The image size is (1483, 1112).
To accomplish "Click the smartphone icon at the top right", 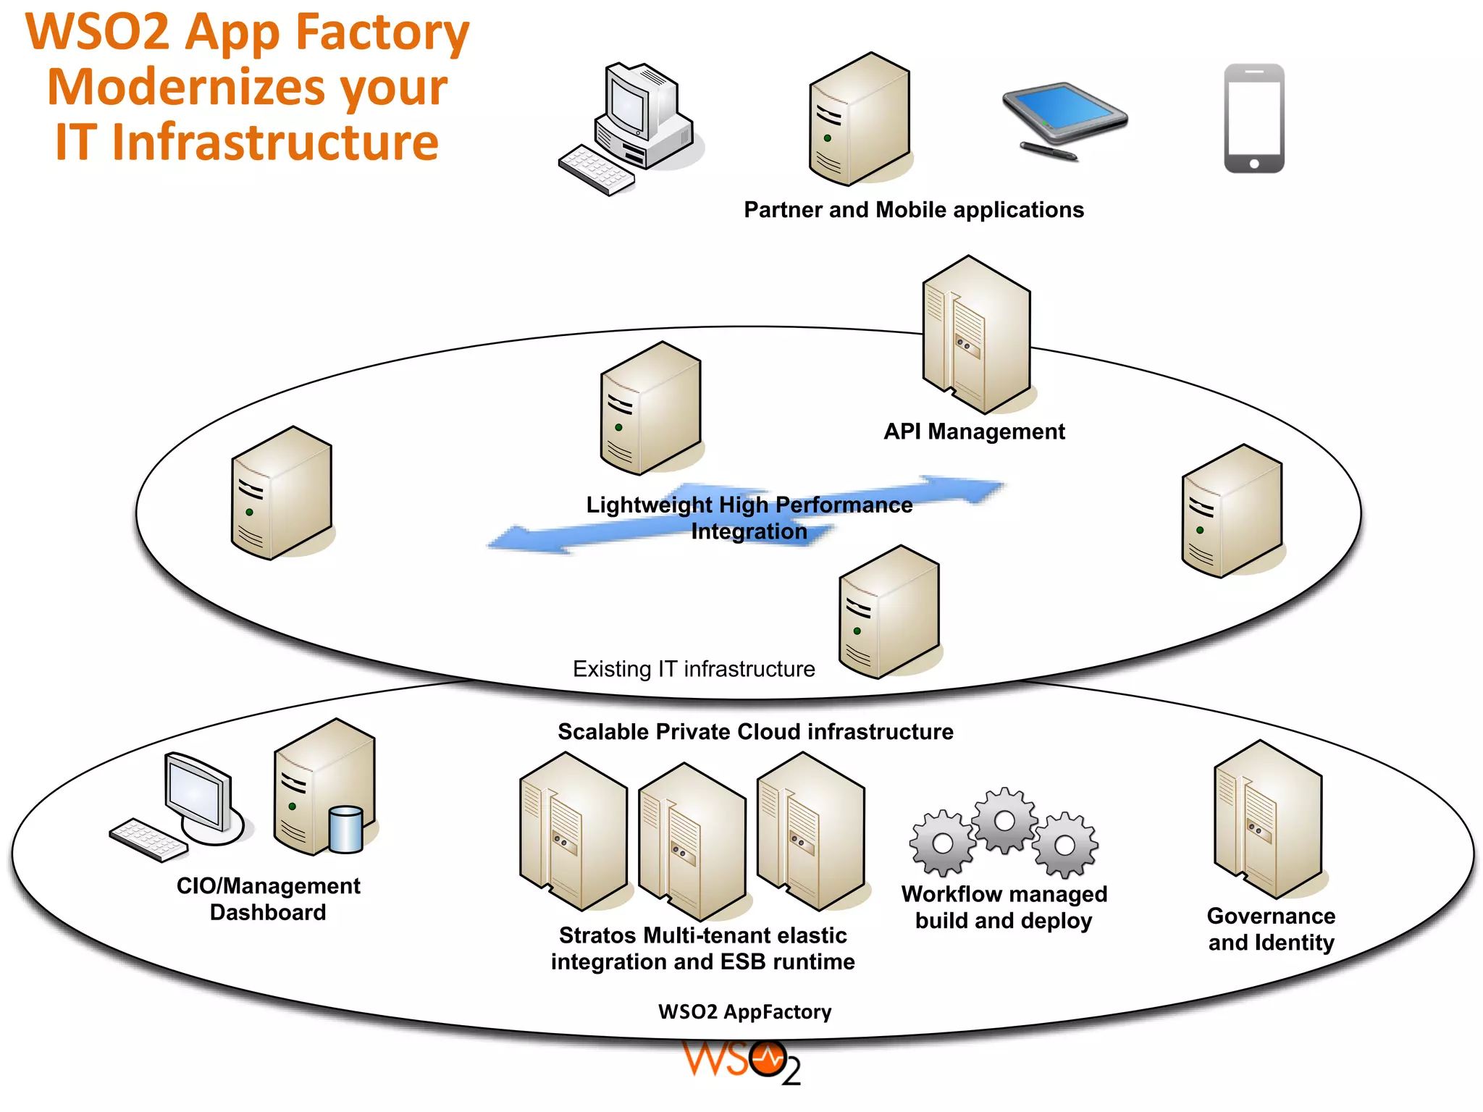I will click(1254, 119).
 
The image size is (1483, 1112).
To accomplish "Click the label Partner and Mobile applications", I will click(914, 210).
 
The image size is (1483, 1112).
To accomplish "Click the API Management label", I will click(974, 431).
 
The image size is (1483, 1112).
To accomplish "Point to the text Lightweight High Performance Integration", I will click(749, 517).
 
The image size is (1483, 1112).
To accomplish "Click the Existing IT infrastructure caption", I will click(694, 669).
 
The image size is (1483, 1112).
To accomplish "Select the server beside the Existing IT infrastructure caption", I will click(889, 612).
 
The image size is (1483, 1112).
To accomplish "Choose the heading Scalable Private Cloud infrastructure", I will click(755, 732).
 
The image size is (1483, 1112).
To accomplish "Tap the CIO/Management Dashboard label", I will click(268, 899).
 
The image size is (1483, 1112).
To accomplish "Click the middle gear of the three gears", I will click(1004, 820).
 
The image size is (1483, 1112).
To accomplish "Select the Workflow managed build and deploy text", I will click(1004, 907).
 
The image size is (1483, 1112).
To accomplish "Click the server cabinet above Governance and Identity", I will click(1268, 819).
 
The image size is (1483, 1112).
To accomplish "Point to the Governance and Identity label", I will click(1271, 930).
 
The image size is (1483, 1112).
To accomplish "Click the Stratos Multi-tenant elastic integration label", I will click(702, 948).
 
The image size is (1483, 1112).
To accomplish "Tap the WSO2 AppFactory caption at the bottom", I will click(744, 1012).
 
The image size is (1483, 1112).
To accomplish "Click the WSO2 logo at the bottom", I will click(742, 1063).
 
